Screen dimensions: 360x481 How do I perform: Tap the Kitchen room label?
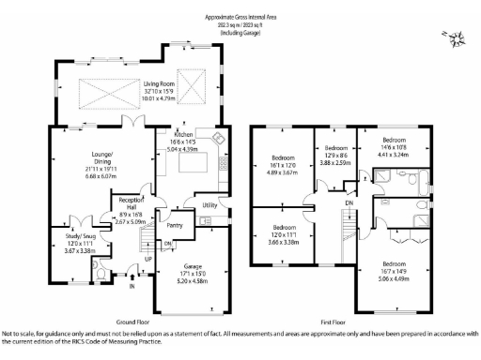click(183, 135)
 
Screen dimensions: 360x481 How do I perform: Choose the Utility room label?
click(209, 203)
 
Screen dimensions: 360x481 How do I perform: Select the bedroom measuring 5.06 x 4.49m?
click(395, 273)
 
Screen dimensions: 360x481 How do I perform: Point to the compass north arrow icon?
click(456, 38)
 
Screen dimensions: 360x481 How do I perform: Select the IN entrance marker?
click(132, 287)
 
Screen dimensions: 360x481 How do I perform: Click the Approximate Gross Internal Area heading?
click(243, 18)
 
